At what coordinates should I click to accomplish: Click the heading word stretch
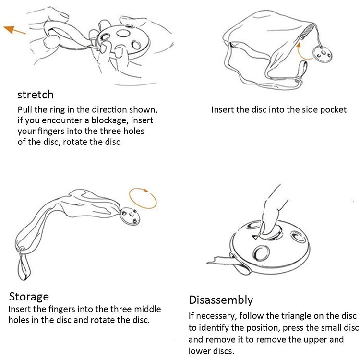(x=36, y=95)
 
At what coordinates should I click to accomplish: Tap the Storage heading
(x=29, y=297)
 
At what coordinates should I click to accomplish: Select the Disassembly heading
(x=221, y=300)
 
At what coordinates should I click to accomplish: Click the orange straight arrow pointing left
(x=14, y=30)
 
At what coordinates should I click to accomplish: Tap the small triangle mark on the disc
(x=255, y=237)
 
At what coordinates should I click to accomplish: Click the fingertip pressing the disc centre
(x=267, y=229)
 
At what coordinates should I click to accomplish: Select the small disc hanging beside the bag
(x=322, y=54)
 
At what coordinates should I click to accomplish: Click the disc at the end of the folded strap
(x=130, y=216)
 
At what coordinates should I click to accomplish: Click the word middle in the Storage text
(x=148, y=309)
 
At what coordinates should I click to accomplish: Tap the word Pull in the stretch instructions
(x=25, y=109)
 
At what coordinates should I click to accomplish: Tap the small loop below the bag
(x=302, y=71)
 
